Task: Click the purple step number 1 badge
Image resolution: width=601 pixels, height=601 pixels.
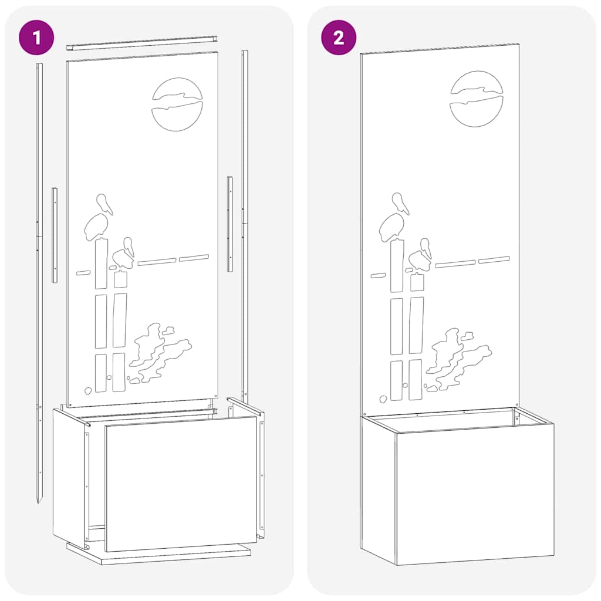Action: [x=37, y=38]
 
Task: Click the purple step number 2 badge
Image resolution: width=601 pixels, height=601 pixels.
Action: [x=339, y=38]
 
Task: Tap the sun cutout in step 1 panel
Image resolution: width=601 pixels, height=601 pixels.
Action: [x=177, y=104]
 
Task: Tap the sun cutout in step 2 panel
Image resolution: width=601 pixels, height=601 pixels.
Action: [x=476, y=99]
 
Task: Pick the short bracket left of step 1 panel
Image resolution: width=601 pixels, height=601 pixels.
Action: [x=55, y=235]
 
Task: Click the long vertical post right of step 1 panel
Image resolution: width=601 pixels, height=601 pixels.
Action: [x=245, y=223]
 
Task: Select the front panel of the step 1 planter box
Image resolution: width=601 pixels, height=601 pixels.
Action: [x=181, y=484]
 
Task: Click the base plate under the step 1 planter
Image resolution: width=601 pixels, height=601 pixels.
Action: [x=158, y=555]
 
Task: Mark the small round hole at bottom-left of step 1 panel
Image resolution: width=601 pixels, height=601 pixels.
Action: [x=87, y=390]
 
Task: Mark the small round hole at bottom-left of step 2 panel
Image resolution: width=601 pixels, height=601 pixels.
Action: [x=383, y=399]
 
